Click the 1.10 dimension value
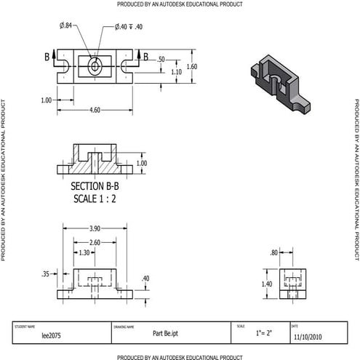point(176,71)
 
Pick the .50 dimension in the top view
point(161,60)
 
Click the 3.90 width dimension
point(95,228)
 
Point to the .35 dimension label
point(46,275)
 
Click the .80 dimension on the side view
point(274,252)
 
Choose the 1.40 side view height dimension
point(267,284)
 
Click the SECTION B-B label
point(94,186)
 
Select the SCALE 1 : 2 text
point(94,199)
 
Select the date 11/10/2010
point(306,337)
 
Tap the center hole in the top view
point(95,66)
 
